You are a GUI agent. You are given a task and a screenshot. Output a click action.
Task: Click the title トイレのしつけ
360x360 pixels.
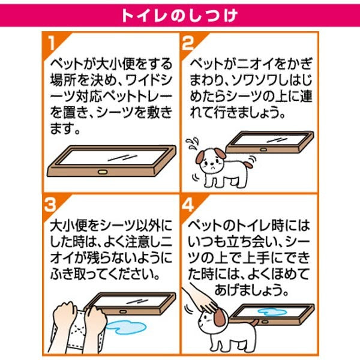tap(179, 16)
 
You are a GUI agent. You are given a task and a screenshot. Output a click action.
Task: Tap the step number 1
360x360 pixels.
tap(52, 43)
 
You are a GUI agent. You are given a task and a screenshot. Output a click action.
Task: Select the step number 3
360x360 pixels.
tap(50, 205)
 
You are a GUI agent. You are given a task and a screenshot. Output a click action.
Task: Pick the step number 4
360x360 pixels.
tap(188, 205)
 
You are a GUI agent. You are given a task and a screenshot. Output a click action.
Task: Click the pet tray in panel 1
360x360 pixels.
tap(112, 161)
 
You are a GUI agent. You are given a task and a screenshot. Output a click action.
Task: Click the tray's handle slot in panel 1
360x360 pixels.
tap(103, 172)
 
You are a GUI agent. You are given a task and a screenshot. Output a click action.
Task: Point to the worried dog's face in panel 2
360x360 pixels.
tap(211, 163)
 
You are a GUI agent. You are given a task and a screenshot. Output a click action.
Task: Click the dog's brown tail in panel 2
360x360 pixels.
tap(248, 164)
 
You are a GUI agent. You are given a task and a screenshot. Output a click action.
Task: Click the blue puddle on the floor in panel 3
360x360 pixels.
tap(127, 327)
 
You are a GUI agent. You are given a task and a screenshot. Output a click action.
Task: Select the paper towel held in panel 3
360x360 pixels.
tap(76, 331)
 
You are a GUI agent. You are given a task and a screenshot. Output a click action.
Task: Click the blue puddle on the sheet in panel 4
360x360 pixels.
tap(272, 311)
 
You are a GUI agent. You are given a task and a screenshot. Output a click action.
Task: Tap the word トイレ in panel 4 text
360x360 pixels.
tap(252, 226)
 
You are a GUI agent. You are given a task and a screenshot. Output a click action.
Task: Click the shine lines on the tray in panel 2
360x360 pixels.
tap(277, 140)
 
